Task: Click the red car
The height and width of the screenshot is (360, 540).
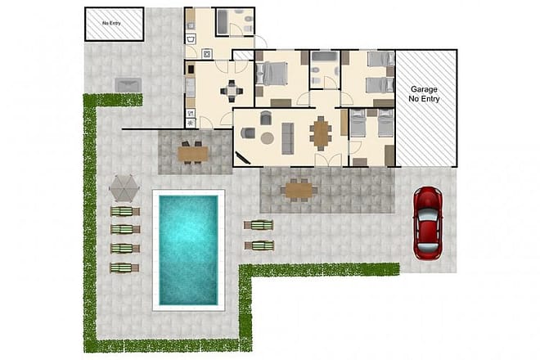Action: [427, 223]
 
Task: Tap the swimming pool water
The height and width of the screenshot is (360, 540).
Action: [187, 250]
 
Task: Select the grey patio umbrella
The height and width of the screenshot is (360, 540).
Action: [124, 187]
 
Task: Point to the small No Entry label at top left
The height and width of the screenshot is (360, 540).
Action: [114, 24]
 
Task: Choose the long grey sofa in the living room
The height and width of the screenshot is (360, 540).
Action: [288, 137]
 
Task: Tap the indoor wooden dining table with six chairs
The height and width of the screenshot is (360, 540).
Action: [320, 131]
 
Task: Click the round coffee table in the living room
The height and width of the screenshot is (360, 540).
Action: [267, 137]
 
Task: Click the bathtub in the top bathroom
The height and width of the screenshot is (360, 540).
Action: [224, 22]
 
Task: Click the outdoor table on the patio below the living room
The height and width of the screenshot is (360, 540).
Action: [299, 190]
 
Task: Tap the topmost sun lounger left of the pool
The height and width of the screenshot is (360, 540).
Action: [124, 211]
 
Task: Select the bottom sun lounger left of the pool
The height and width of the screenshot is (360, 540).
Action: [124, 267]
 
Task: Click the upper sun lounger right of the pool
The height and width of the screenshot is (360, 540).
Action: [259, 225]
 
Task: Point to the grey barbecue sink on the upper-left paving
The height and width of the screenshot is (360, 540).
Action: [128, 83]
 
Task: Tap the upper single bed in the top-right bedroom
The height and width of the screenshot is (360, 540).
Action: [379, 60]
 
